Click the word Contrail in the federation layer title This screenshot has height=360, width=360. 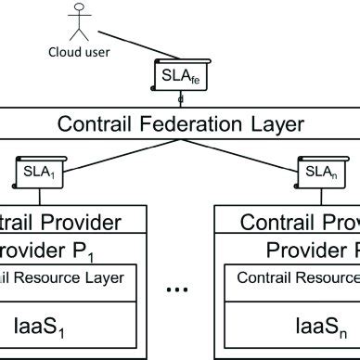tap(89, 123)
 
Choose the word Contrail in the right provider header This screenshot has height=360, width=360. tap(272, 223)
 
